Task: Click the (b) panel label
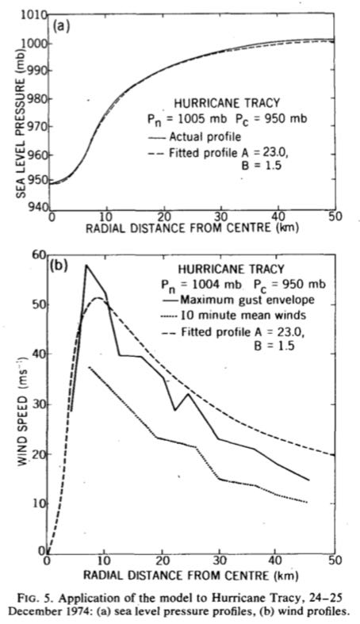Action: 59,266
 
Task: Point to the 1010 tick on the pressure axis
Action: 33,16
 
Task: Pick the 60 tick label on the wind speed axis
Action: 38,255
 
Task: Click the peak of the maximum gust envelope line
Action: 86,265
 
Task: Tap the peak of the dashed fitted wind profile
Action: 97,297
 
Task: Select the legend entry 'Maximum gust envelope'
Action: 237,299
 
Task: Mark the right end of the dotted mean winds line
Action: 307,502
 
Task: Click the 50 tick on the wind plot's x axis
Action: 335,560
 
